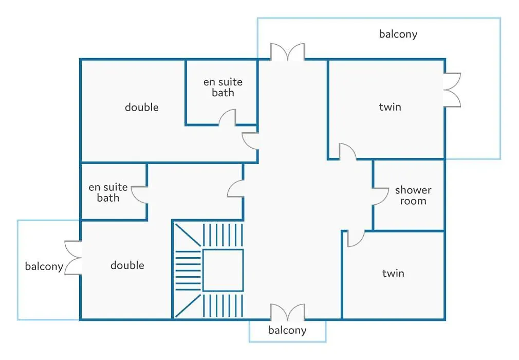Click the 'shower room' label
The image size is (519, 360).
coord(413,195)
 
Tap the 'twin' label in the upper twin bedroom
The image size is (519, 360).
coord(390,107)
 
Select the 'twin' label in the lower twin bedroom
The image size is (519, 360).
coord(393,273)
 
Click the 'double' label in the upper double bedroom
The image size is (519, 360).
coord(142,107)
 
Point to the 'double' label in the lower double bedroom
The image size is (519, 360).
coord(127,265)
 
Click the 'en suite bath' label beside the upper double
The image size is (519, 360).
coord(223,87)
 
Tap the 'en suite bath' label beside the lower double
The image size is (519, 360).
coord(108,192)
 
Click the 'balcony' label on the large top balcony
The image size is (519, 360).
coord(398,34)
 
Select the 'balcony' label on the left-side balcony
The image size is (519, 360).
coord(44,266)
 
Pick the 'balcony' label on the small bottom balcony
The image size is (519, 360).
coord(287,330)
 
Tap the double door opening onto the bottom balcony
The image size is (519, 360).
coord(288,313)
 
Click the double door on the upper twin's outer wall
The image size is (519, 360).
coord(452,90)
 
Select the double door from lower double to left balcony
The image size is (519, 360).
coord(73,258)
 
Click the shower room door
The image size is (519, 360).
coord(380,196)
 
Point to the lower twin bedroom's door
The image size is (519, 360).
coord(356,239)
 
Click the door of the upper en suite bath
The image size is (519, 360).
coord(228,118)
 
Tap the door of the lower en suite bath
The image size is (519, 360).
coord(139,195)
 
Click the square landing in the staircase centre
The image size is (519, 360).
coord(223,270)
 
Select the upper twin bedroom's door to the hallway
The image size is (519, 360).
coord(348,152)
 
